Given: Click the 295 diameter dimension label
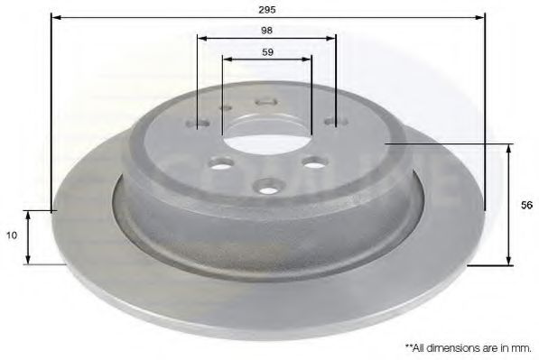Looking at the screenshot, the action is pyautogui.click(x=267, y=10).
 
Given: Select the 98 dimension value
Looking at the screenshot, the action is pyautogui.click(x=266, y=31).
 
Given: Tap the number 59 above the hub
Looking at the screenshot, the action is pyautogui.click(x=268, y=52).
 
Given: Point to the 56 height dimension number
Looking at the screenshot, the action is pyautogui.click(x=526, y=205).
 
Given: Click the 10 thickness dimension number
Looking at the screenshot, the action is pyautogui.click(x=12, y=235).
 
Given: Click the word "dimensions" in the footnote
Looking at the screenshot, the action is pyautogui.click(x=451, y=348).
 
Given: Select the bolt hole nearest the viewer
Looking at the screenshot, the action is pyautogui.click(x=267, y=189).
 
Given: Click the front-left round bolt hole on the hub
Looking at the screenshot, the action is pyautogui.click(x=221, y=163).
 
